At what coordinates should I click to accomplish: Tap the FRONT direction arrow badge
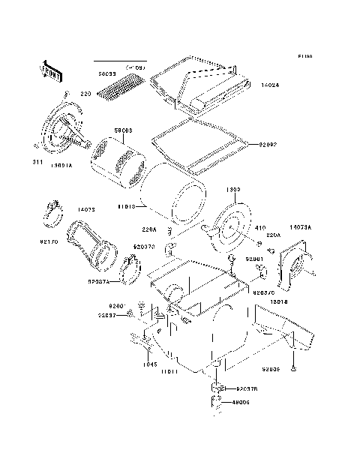click(x=50, y=70)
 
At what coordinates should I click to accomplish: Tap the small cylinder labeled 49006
click(x=217, y=405)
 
